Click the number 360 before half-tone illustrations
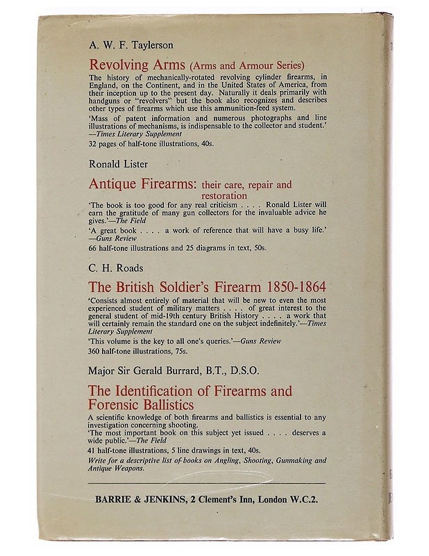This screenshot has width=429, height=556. click(96, 351)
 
